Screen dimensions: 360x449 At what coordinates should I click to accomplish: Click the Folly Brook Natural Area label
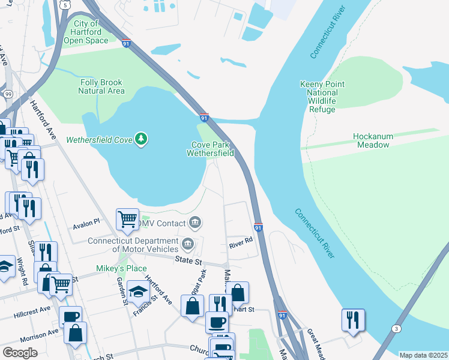point(101,86)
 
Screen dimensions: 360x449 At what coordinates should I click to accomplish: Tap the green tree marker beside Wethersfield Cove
point(141,139)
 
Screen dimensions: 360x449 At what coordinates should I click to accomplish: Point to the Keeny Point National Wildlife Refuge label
point(322,97)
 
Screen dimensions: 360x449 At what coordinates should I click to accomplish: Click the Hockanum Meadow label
point(373,140)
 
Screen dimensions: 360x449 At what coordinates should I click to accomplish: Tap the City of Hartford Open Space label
point(86,32)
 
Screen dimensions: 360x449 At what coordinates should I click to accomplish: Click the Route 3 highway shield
point(396,328)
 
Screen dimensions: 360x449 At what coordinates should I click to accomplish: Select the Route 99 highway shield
point(8,94)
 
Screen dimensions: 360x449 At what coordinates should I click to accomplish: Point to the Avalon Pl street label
point(86,223)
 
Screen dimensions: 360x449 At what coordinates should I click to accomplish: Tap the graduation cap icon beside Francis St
point(137,292)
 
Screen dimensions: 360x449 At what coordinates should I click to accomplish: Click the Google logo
point(20,353)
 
